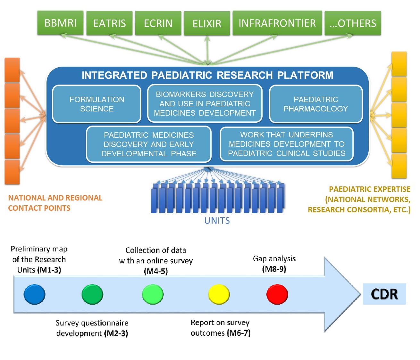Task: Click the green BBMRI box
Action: point(60,23)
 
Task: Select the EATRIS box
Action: point(109,23)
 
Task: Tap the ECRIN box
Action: point(158,23)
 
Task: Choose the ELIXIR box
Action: point(207,24)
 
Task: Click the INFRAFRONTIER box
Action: point(277,23)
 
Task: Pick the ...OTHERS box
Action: point(353,23)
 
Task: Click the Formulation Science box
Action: point(97,104)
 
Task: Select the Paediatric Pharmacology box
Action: point(316,104)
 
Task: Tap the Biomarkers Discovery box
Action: point(205,103)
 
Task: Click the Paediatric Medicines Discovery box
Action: point(149,144)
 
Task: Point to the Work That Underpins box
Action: point(287,144)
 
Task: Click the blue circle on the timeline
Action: point(34,294)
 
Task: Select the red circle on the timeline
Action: point(277,294)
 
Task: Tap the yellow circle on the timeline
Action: point(219,294)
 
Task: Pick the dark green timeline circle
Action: point(92,294)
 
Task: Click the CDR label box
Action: point(384,294)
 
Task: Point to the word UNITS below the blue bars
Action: point(217,221)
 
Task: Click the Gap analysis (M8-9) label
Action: point(274,264)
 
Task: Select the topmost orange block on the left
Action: point(12,70)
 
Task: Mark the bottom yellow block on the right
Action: point(399,166)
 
